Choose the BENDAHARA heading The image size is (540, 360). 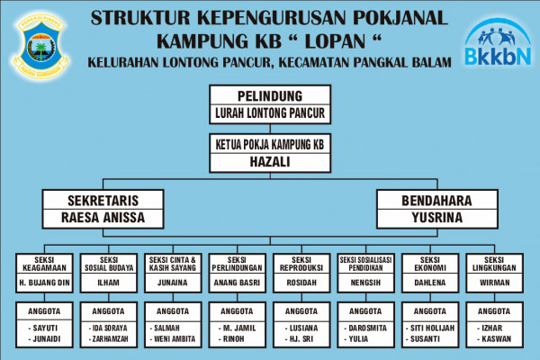pos(436,200)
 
